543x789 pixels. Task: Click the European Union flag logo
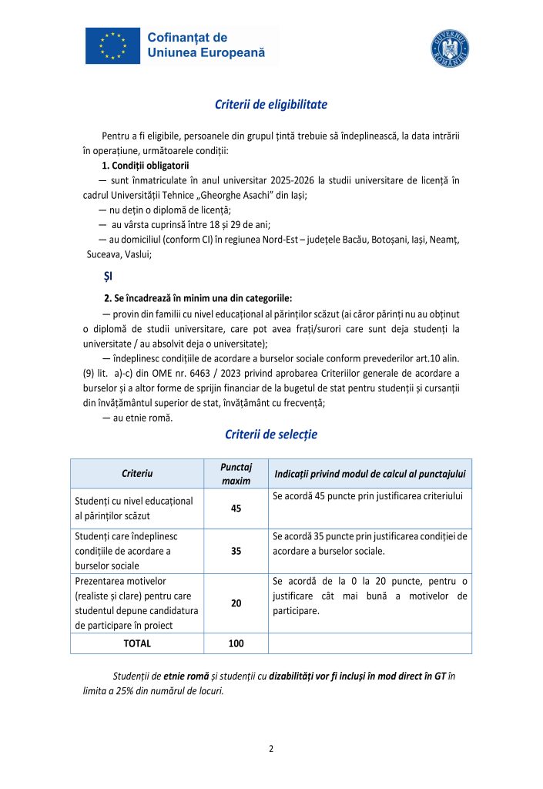coord(113,45)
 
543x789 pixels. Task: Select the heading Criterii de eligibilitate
coord(270,105)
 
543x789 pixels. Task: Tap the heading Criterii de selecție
coord(270,435)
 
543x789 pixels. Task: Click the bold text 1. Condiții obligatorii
coord(146,166)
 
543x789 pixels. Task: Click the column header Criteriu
coord(137,472)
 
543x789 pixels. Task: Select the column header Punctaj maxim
coord(236,472)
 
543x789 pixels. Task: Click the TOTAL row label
coord(137,643)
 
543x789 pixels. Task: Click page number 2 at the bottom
coord(271,748)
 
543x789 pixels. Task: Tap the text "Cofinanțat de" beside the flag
coord(186,37)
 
